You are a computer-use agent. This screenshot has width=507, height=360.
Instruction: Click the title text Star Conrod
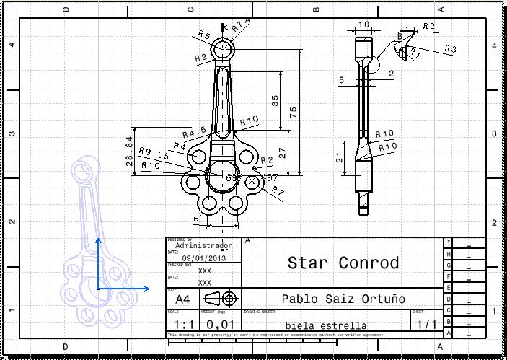click(343, 263)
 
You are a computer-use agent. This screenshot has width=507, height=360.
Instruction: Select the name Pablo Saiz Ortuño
click(343, 299)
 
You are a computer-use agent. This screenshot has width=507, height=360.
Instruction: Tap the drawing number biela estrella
click(325, 325)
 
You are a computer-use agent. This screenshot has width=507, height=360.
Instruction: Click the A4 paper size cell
click(182, 298)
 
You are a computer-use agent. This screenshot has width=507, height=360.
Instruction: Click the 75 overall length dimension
click(294, 112)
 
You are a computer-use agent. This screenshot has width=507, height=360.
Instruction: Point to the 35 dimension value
click(275, 100)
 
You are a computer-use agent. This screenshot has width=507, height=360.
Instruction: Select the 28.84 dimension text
click(130, 151)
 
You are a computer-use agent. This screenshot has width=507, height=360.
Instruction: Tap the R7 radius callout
click(278, 190)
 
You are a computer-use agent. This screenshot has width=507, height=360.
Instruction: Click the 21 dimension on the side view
click(340, 159)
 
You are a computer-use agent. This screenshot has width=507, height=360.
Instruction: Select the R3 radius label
click(450, 49)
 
